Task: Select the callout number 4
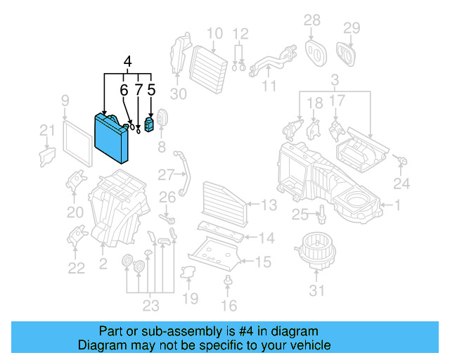point(127,62)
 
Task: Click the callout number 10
point(214,33)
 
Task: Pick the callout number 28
point(311,20)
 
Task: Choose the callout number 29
point(352,28)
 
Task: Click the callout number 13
point(269,205)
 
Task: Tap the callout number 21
point(46,129)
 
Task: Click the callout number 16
point(229,305)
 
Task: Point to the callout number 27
point(165,174)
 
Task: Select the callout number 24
point(401,184)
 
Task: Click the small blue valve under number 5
point(149,126)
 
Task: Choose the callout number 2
point(103,264)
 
